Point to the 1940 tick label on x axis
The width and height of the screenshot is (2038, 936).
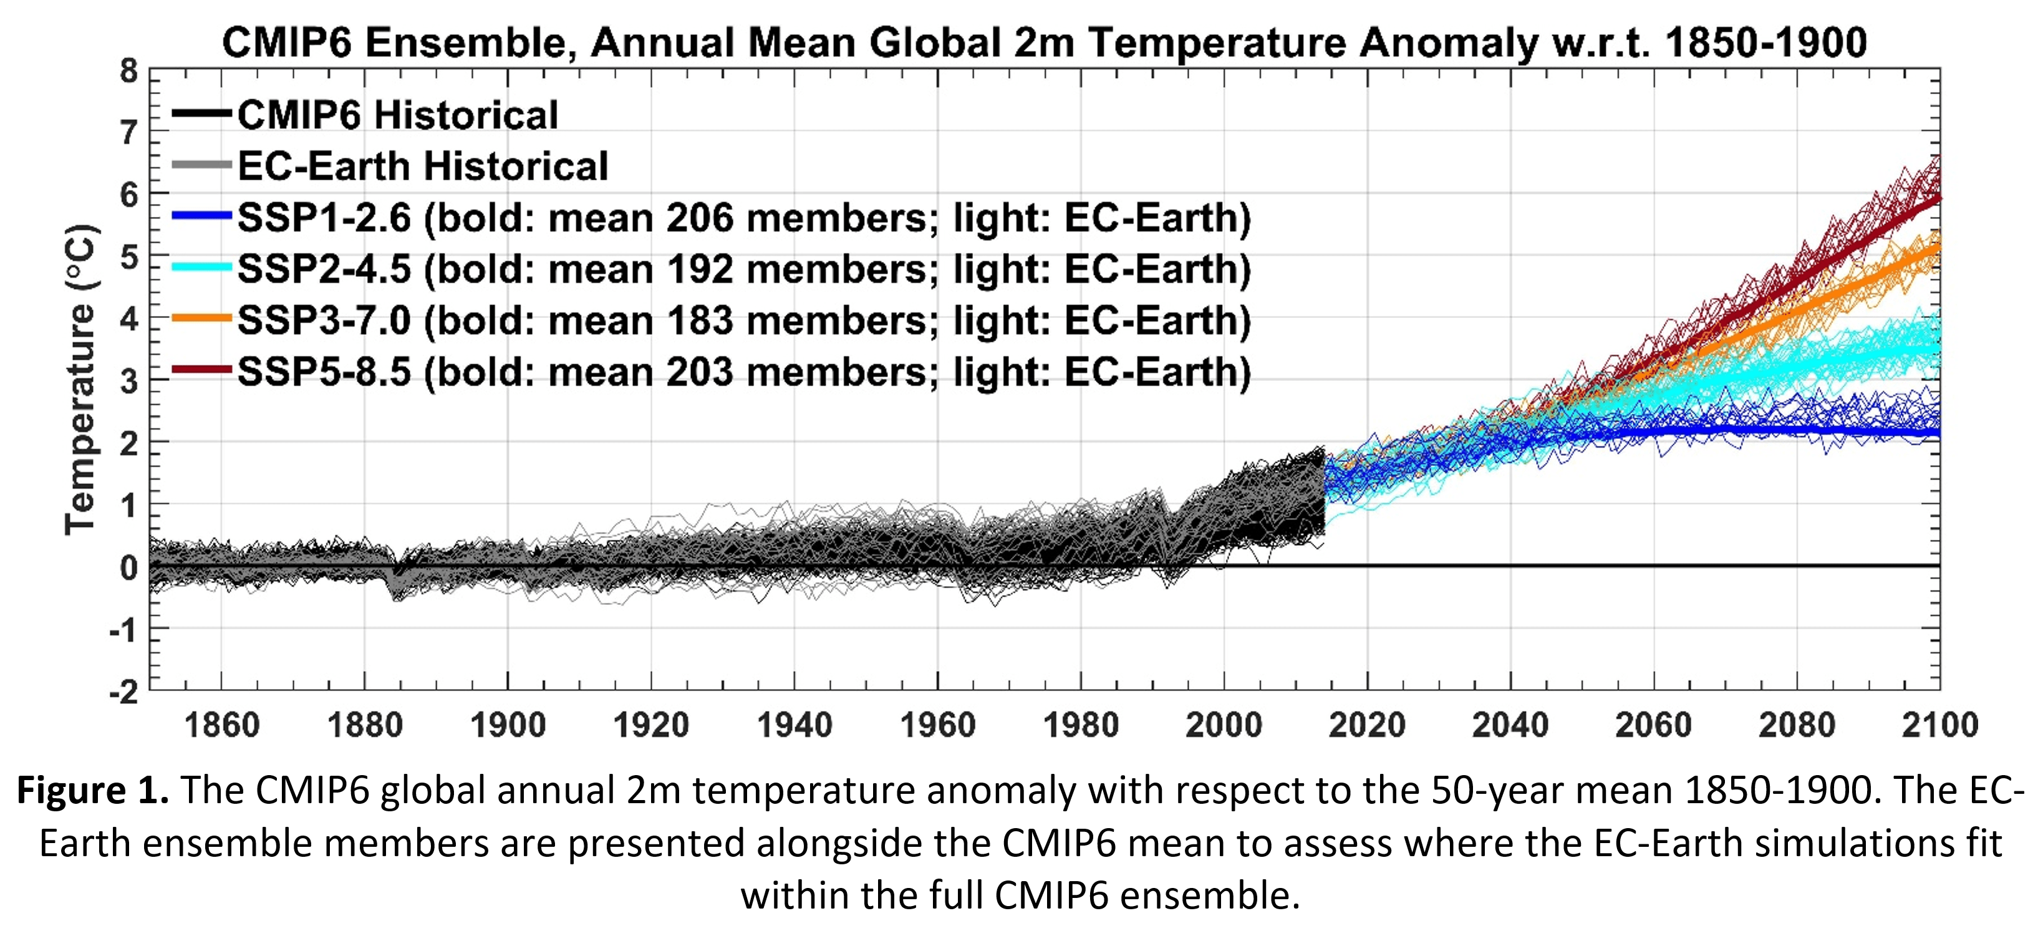(794, 725)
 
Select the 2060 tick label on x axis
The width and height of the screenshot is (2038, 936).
(1653, 725)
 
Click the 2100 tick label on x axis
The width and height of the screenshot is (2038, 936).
(1939, 725)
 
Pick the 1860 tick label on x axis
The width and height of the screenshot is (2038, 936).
(221, 725)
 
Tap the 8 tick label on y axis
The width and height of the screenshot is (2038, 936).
(129, 71)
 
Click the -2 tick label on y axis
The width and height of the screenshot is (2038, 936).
(124, 693)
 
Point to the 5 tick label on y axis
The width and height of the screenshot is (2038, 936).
(129, 258)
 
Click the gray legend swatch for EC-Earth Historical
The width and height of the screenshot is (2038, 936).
(202, 165)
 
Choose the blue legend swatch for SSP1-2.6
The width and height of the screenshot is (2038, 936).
(202, 216)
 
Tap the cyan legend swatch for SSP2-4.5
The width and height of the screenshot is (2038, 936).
(202, 268)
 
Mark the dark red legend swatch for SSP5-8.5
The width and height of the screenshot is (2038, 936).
(202, 370)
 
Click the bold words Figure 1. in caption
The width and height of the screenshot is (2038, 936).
(92, 791)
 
